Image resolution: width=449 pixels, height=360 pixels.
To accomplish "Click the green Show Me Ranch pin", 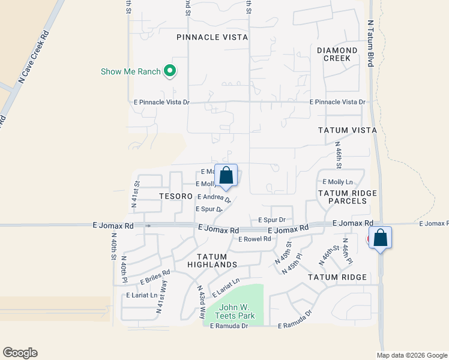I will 170,72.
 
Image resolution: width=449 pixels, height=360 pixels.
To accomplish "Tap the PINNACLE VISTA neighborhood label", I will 212,37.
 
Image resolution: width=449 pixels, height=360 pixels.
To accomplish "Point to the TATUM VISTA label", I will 348,130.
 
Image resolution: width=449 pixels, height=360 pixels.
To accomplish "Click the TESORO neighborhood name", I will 176,197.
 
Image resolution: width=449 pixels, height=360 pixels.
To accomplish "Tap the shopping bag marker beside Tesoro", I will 226,176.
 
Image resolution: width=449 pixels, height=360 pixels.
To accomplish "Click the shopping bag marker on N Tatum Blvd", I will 380,238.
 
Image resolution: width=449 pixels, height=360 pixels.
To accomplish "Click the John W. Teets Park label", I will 237,311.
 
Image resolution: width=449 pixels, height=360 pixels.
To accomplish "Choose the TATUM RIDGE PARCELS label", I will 348,197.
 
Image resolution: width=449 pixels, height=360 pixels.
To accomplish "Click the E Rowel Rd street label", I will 255,239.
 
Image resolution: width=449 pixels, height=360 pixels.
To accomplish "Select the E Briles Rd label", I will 155,276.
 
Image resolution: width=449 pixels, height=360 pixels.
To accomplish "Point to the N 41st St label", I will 137,194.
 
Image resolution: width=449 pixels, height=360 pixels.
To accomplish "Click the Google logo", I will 20,353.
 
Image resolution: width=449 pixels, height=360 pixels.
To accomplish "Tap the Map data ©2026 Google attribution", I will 411,355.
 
